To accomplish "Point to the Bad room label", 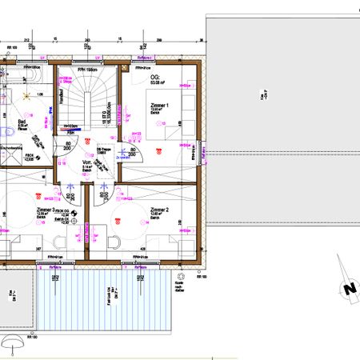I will click(x=22, y=122).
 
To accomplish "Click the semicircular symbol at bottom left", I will click(x=13, y=344).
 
